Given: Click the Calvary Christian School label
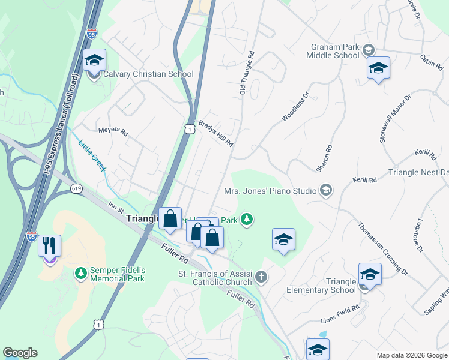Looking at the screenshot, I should click(148, 74).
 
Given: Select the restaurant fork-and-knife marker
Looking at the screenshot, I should click(49, 245).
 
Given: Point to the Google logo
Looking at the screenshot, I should click(20, 353).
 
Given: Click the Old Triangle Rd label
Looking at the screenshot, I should click(247, 73).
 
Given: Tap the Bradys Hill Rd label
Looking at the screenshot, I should click(215, 132).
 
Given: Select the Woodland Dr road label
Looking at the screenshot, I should click(296, 107).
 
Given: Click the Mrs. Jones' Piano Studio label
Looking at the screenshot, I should click(270, 191).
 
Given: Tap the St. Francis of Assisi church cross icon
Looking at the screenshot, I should click(261, 277).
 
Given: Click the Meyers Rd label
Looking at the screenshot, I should click(113, 130).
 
